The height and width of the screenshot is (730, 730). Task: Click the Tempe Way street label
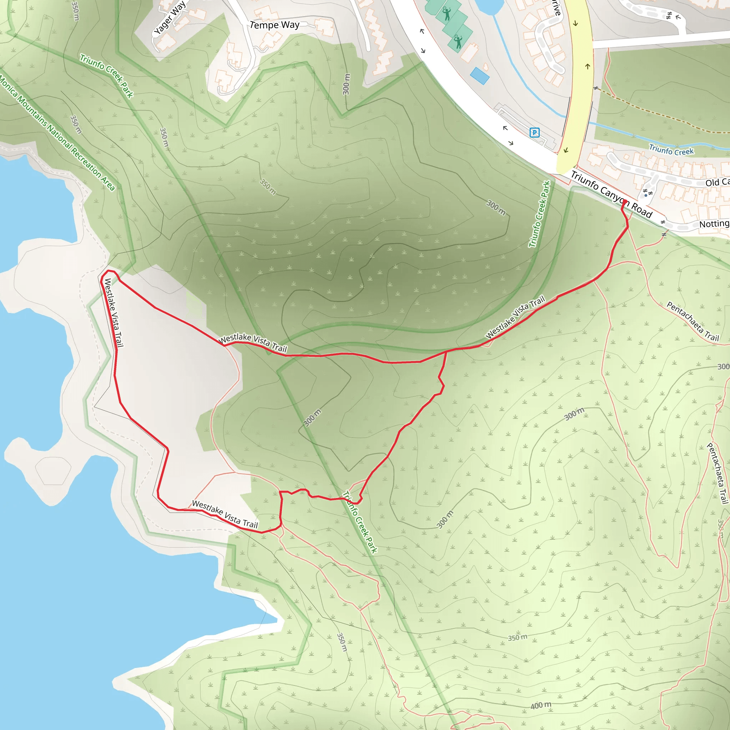[x=275, y=25]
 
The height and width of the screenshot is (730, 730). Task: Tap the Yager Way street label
[x=170, y=18]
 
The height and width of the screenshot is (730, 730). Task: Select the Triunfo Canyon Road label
[x=611, y=195]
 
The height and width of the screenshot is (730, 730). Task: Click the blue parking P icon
[x=534, y=133]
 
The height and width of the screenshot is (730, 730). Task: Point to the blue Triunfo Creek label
[x=671, y=150]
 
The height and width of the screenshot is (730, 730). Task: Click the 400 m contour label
[x=541, y=705]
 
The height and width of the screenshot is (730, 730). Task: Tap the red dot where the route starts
[x=624, y=202]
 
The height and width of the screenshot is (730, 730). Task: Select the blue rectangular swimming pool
[x=479, y=76]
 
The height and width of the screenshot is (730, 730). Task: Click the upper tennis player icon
[x=447, y=14]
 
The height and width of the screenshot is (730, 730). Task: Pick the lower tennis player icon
[x=458, y=42]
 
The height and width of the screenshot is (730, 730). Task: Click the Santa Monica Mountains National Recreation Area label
[x=57, y=132]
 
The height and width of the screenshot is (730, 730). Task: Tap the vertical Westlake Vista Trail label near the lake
[x=114, y=312]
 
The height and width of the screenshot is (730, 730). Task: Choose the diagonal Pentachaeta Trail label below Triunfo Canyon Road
[x=692, y=322]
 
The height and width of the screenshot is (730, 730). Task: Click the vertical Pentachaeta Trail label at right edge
[x=717, y=473]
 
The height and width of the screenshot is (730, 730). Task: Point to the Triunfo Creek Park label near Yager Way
[x=107, y=76]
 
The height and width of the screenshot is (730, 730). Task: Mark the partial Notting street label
[x=714, y=224]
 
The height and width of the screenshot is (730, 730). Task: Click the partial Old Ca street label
[x=717, y=182]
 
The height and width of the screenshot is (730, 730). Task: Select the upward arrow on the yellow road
[x=587, y=67]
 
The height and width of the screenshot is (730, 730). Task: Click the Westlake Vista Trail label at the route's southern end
[x=225, y=514]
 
